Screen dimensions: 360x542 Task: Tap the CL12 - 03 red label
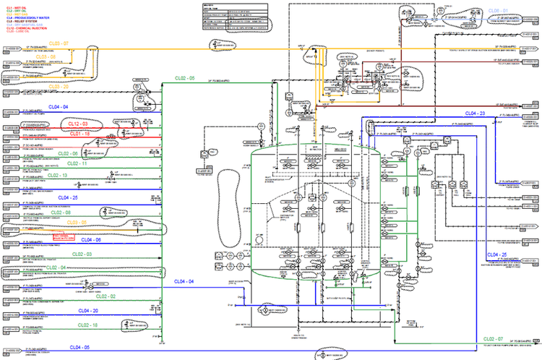[79, 124]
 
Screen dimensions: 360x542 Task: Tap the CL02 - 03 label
[82, 254]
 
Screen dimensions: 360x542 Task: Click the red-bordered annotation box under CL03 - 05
[63, 234]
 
